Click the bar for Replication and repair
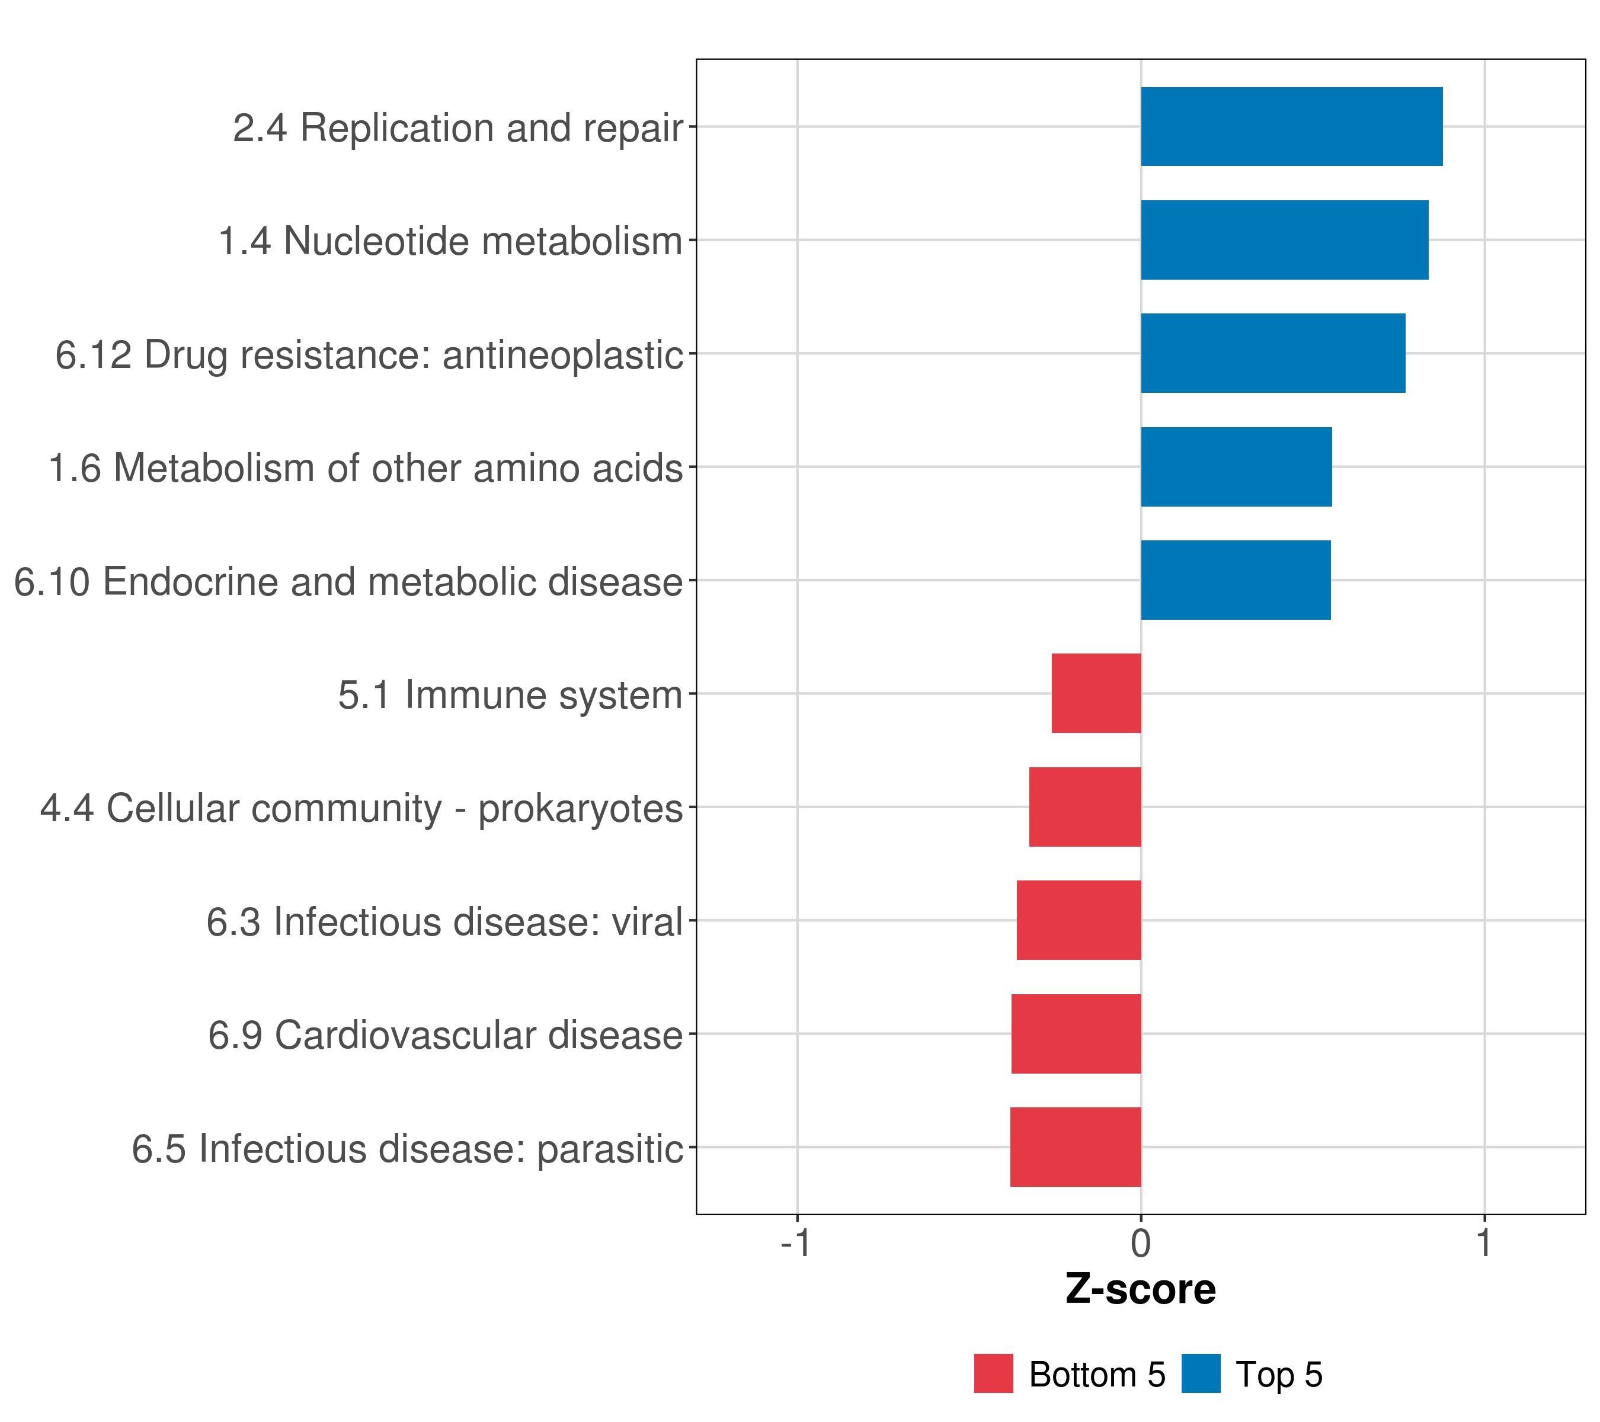tap(1292, 127)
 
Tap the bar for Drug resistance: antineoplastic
tap(1273, 353)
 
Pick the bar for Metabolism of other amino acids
tap(1236, 467)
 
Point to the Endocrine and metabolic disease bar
tap(1235, 580)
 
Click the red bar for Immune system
tap(1096, 693)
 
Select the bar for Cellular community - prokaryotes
tap(1085, 807)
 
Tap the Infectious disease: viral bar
tap(1079, 920)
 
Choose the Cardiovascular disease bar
tap(1076, 1034)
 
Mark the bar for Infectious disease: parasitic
tap(1076, 1147)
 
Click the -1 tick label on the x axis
tap(795, 1243)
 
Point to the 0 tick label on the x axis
tap(1141, 1243)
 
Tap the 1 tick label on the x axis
tap(1483, 1243)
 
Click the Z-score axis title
tap(1141, 1290)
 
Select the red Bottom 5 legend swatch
tap(993, 1373)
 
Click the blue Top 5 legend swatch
tap(1201, 1373)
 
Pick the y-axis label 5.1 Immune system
tap(510, 695)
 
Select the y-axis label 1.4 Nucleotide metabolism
tap(450, 241)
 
